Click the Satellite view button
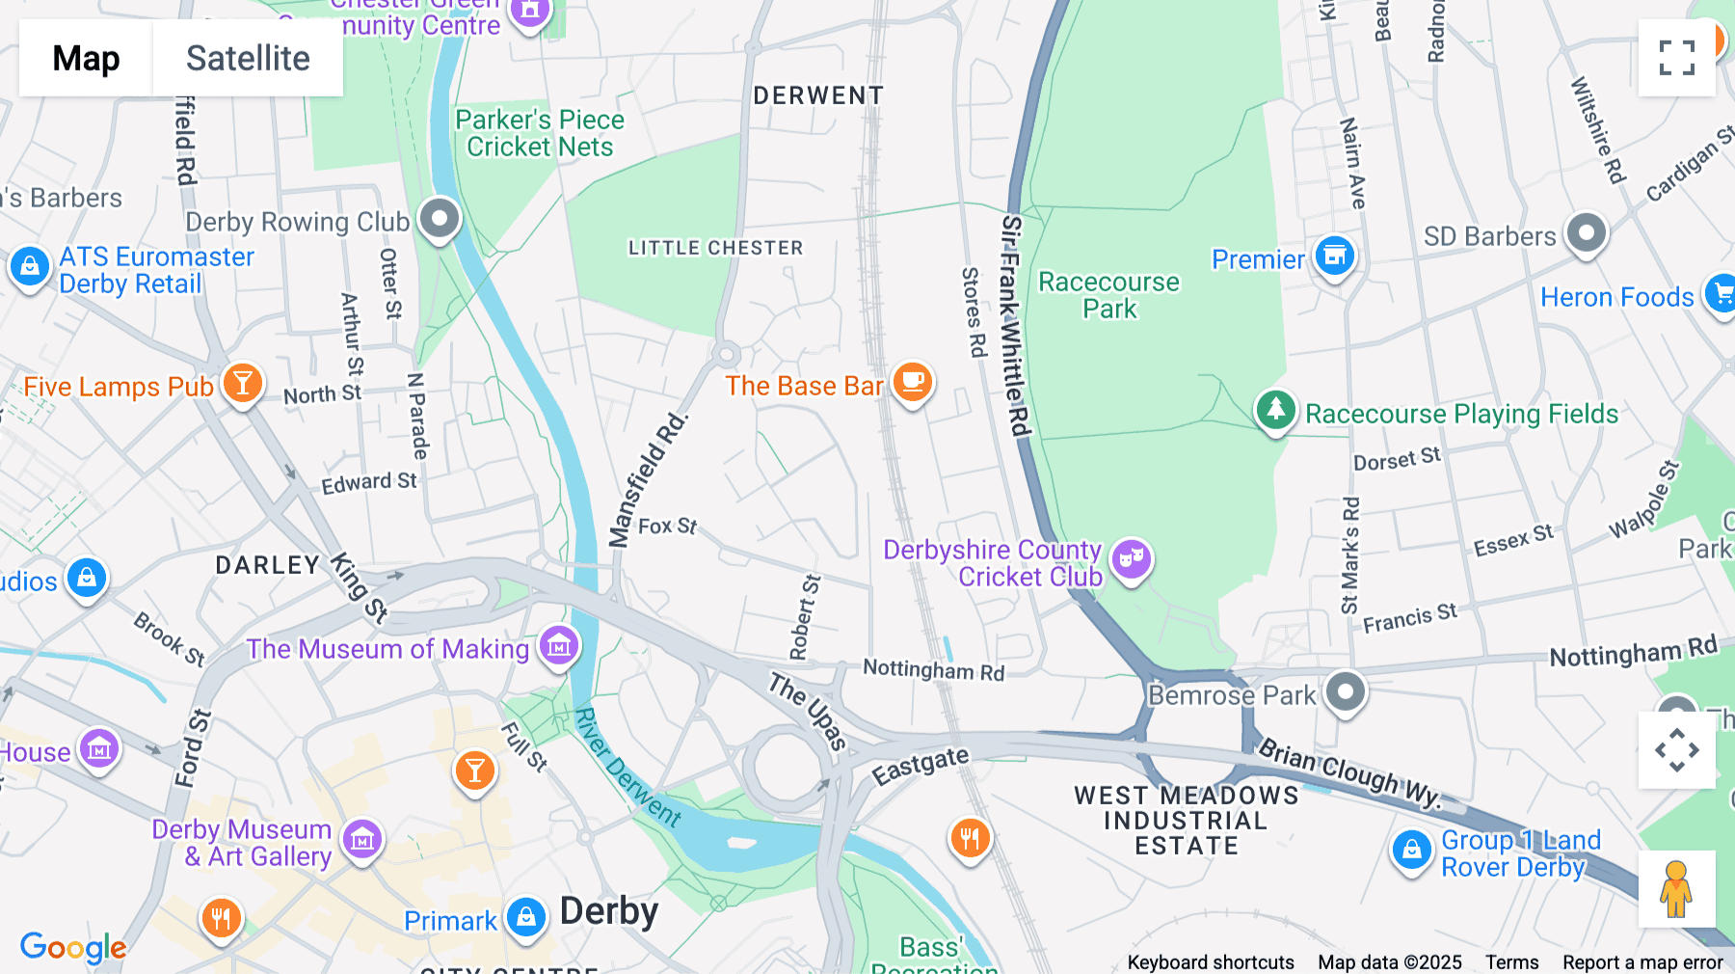[x=248, y=58]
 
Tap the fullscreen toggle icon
[x=1676, y=58]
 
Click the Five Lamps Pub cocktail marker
[x=243, y=384]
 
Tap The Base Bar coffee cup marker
[x=912, y=383]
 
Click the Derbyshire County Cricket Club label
[x=993, y=563]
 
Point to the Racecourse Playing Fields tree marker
[x=1275, y=410]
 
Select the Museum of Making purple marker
[x=558, y=645]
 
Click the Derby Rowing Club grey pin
[x=440, y=219]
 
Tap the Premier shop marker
[x=1335, y=257]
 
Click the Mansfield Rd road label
[x=648, y=479]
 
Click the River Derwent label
[x=627, y=768]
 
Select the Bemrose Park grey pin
[x=1345, y=691]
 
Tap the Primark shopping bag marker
[x=526, y=917]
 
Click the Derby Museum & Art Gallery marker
[x=362, y=840]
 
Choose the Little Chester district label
[x=715, y=248]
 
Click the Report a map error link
[x=1642, y=962]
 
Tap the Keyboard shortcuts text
[x=1211, y=962]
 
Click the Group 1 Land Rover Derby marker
[x=1412, y=851]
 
